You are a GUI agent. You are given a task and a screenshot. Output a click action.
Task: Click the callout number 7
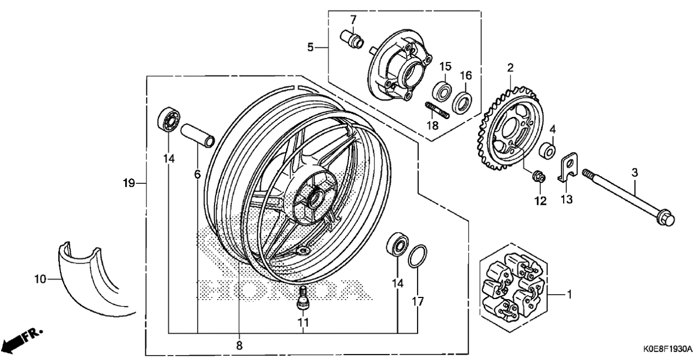click(353, 20)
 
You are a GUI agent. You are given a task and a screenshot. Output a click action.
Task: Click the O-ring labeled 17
click(417, 256)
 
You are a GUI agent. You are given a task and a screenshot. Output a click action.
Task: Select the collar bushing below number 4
click(547, 150)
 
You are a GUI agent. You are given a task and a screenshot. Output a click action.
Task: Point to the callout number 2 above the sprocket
click(510, 67)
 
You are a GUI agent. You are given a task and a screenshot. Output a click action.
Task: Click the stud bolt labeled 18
click(437, 110)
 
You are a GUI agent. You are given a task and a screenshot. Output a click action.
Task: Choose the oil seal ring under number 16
click(462, 102)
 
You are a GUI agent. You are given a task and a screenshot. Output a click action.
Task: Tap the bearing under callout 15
click(442, 92)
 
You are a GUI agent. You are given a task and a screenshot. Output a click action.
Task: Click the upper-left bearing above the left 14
click(168, 120)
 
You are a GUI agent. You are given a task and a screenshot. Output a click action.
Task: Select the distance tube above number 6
click(198, 136)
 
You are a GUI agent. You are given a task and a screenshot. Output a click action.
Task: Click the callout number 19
click(128, 183)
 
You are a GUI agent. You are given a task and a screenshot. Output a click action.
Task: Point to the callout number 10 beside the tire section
click(40, 279)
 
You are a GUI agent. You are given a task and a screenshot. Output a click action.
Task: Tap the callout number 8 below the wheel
click(239, 345)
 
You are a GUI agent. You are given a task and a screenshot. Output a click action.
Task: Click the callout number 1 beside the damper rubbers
click(570, 294)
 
